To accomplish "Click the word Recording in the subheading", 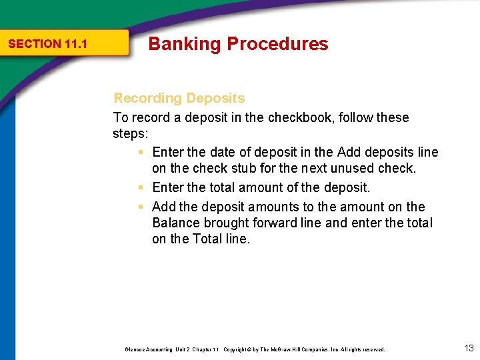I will (147, 98).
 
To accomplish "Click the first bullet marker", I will (141, 153).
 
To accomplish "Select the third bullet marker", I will (141, 207).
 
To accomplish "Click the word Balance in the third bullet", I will (175, 223).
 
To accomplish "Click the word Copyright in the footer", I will (237, 349).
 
